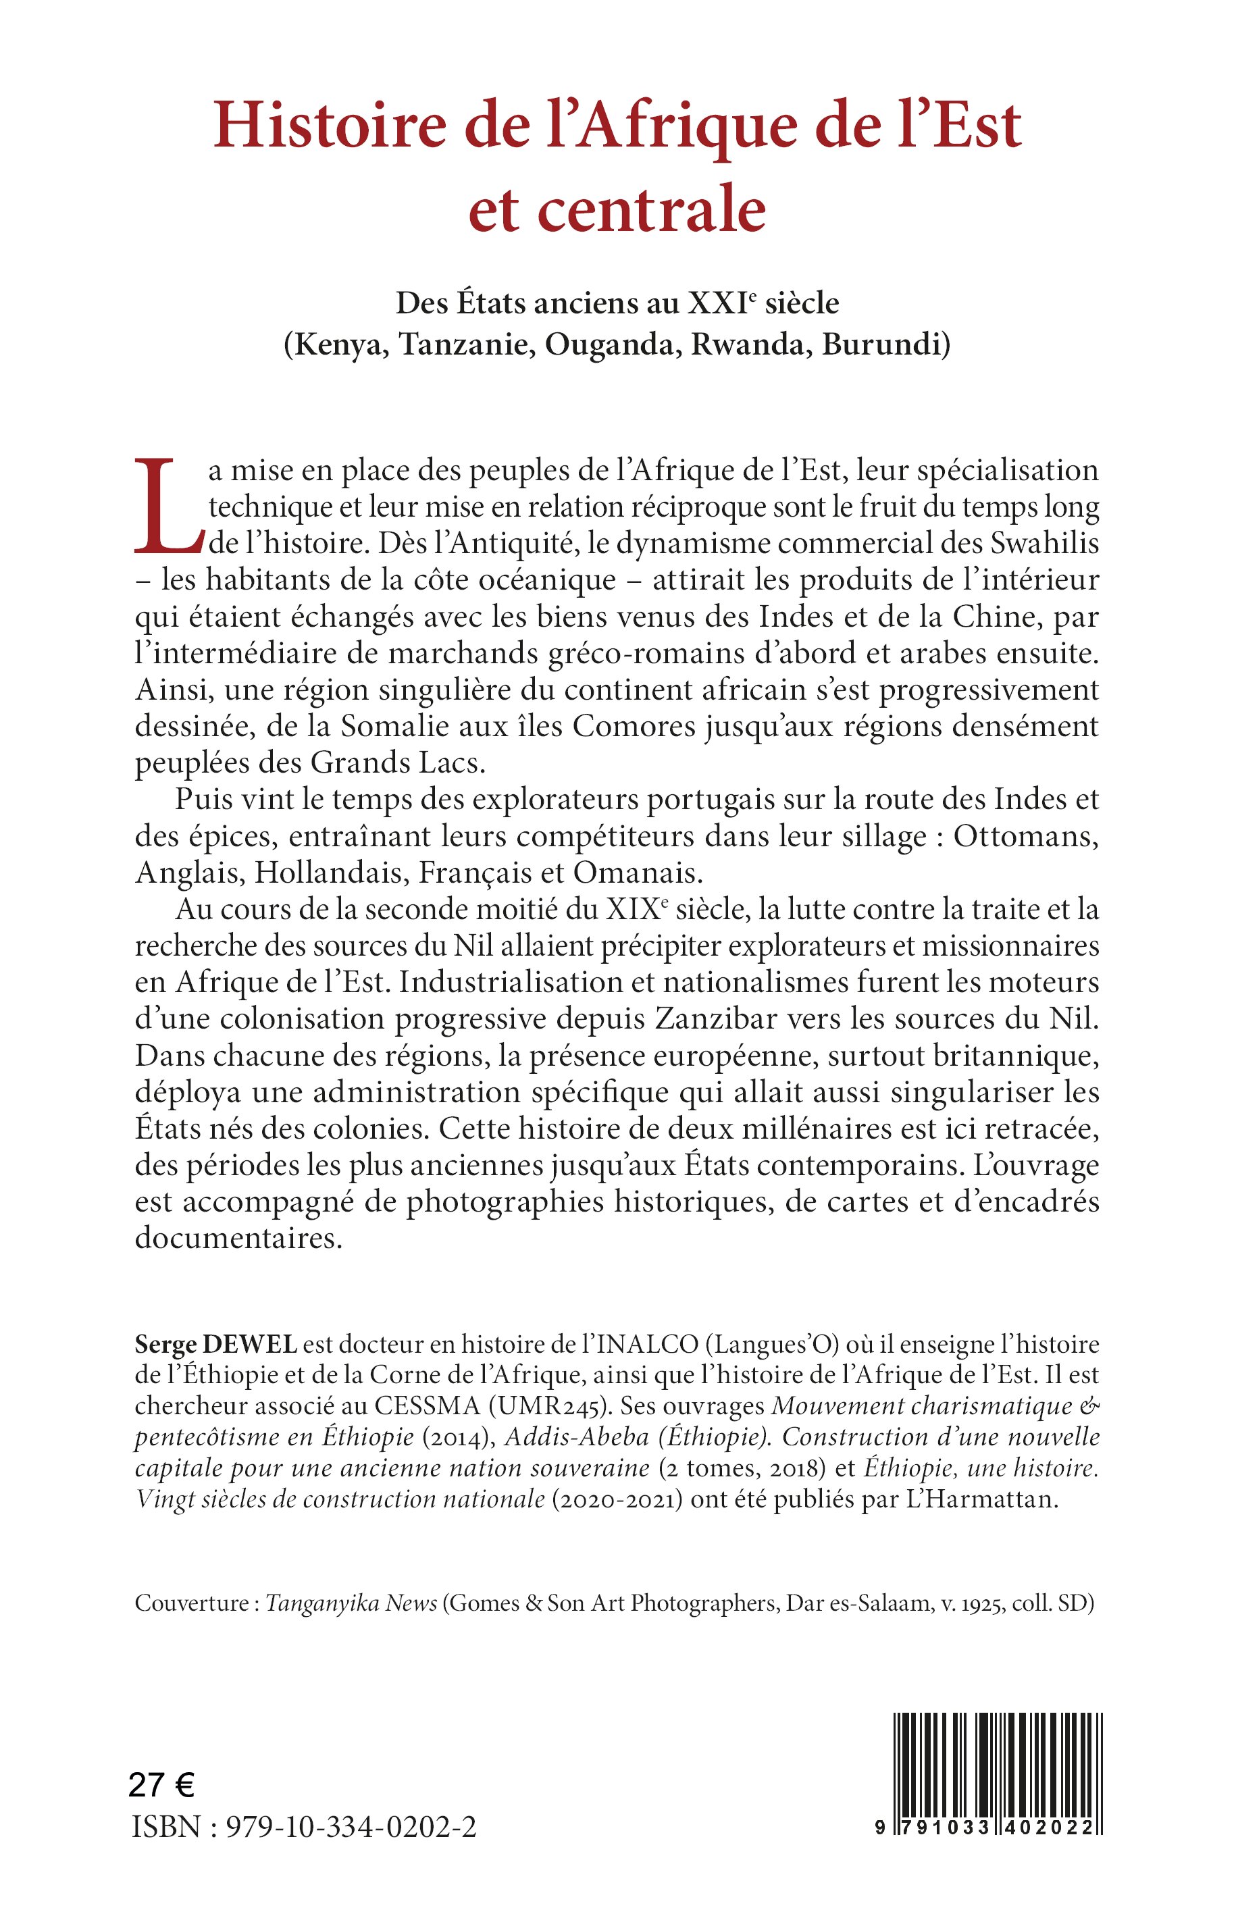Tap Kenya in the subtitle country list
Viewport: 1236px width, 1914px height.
(x=336, y=344)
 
